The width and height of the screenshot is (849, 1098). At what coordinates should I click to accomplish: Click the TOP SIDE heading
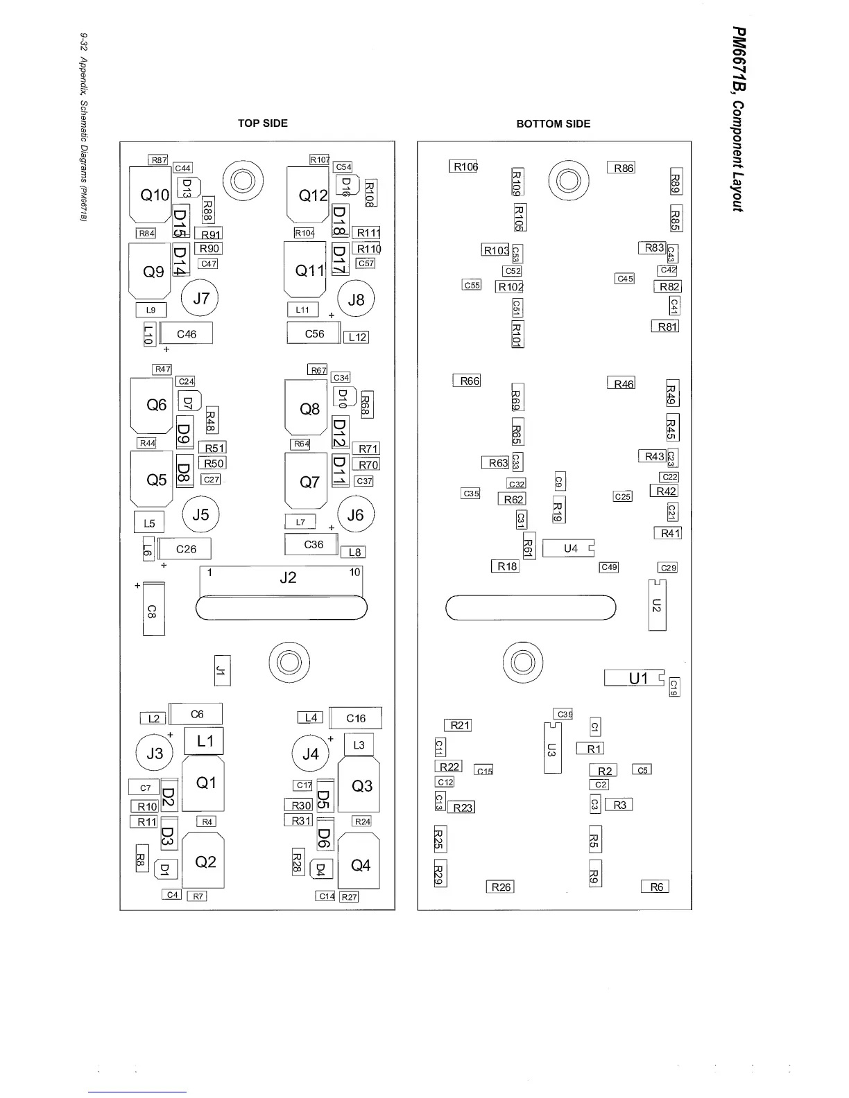[262, 123]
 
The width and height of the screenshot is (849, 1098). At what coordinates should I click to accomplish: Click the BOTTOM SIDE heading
[553, 124]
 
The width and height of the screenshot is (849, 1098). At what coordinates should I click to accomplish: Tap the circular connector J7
[200, 299]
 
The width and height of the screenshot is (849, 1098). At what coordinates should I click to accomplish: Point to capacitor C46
[186, 333]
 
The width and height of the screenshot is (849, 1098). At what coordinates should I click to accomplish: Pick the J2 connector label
[287, 577]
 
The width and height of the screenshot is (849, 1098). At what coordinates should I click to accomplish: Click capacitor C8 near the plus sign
[153, 609]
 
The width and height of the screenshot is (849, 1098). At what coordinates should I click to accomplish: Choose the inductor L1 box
[204, 741]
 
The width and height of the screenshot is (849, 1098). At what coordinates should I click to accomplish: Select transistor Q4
[359, 864]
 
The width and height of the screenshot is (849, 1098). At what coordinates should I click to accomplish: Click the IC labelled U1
[635, 678]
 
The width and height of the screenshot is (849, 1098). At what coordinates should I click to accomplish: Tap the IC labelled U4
[569, 548]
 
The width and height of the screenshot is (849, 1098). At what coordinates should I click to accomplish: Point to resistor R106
[463, 166]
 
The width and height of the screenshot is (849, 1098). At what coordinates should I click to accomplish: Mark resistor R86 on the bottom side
[621, 168]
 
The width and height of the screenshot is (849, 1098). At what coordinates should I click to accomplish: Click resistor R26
[500, 887]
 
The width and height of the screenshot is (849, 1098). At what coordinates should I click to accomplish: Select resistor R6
[655, 887]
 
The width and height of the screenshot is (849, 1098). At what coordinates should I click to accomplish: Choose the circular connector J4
[310, 753]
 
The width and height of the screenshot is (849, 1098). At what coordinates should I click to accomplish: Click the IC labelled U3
[552, 749]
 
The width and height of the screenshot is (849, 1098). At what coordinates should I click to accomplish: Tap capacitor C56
[314, 333]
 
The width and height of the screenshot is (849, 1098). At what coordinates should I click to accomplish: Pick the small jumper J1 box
[222, 670]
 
